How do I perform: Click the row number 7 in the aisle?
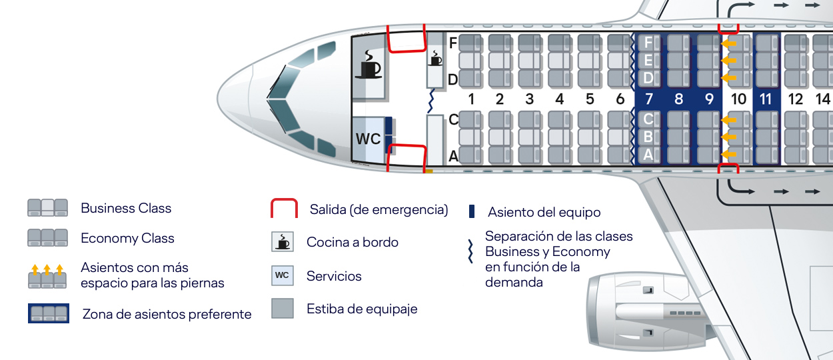click(x=648, y=99)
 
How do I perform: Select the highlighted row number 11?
click(x=766, y=99)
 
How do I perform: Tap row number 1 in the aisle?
click(x=470, y=99)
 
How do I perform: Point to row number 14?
click(x=823, y=99)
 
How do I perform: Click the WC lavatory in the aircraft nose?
click(x=368, y=139)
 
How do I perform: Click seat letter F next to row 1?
click(x=453, y=43)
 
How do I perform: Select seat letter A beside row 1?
click(x=453, y=156)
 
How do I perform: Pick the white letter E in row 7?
click(x=648, y=61)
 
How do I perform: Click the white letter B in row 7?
click(x=648, y=137)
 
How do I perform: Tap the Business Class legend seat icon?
click(x=47, y=208)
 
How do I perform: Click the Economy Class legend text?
click(x=127, y=238)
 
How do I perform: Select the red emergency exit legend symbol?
click(x=284, y=209)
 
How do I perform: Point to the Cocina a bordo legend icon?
click(x=283, y=241)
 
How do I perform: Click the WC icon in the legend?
click(x=283, y=275)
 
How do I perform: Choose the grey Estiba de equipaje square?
click(x=283, y=308)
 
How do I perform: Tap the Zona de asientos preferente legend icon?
click(x=48, y=313)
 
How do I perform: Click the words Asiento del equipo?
click(x=544, y=213)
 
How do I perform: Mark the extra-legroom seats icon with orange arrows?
click(x=47, y=276)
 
